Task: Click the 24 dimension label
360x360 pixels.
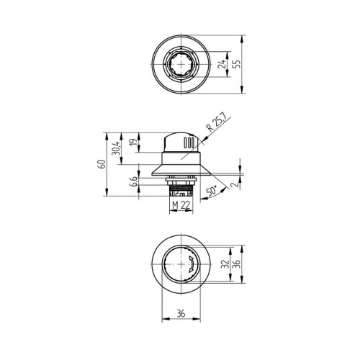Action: [222, 67]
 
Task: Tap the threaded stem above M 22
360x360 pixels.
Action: [180, 189]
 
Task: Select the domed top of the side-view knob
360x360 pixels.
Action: [180, 135]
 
